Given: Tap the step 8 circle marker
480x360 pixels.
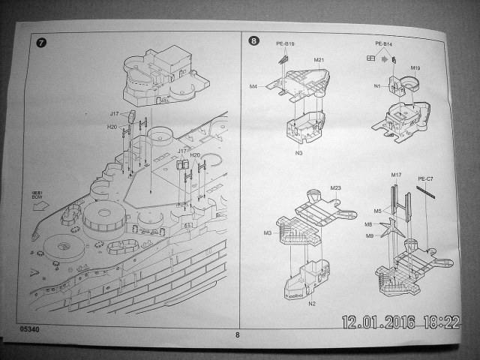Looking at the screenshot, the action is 254,41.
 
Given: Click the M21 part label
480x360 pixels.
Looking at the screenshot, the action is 319,59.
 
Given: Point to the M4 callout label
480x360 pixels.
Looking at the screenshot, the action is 253,87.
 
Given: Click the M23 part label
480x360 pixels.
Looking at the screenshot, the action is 336,187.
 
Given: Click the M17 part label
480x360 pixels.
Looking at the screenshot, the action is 397,175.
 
